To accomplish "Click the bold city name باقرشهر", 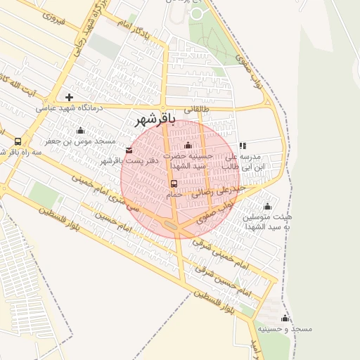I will coord(158,120).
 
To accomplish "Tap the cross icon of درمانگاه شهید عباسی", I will coord(69,97).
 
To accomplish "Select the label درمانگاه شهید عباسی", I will coord(70,108).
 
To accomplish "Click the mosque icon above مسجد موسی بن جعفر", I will coord(80,130).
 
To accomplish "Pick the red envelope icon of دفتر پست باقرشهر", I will coord(128,150).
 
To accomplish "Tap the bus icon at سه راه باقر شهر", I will coord(17,141).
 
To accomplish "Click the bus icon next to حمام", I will coord(174,184).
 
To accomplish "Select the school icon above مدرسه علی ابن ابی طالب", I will coord(243,146).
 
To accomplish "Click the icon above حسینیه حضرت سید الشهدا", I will coord(188,146).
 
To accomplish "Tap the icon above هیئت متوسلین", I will coord(266,207).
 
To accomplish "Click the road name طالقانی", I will coord(198,110).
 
